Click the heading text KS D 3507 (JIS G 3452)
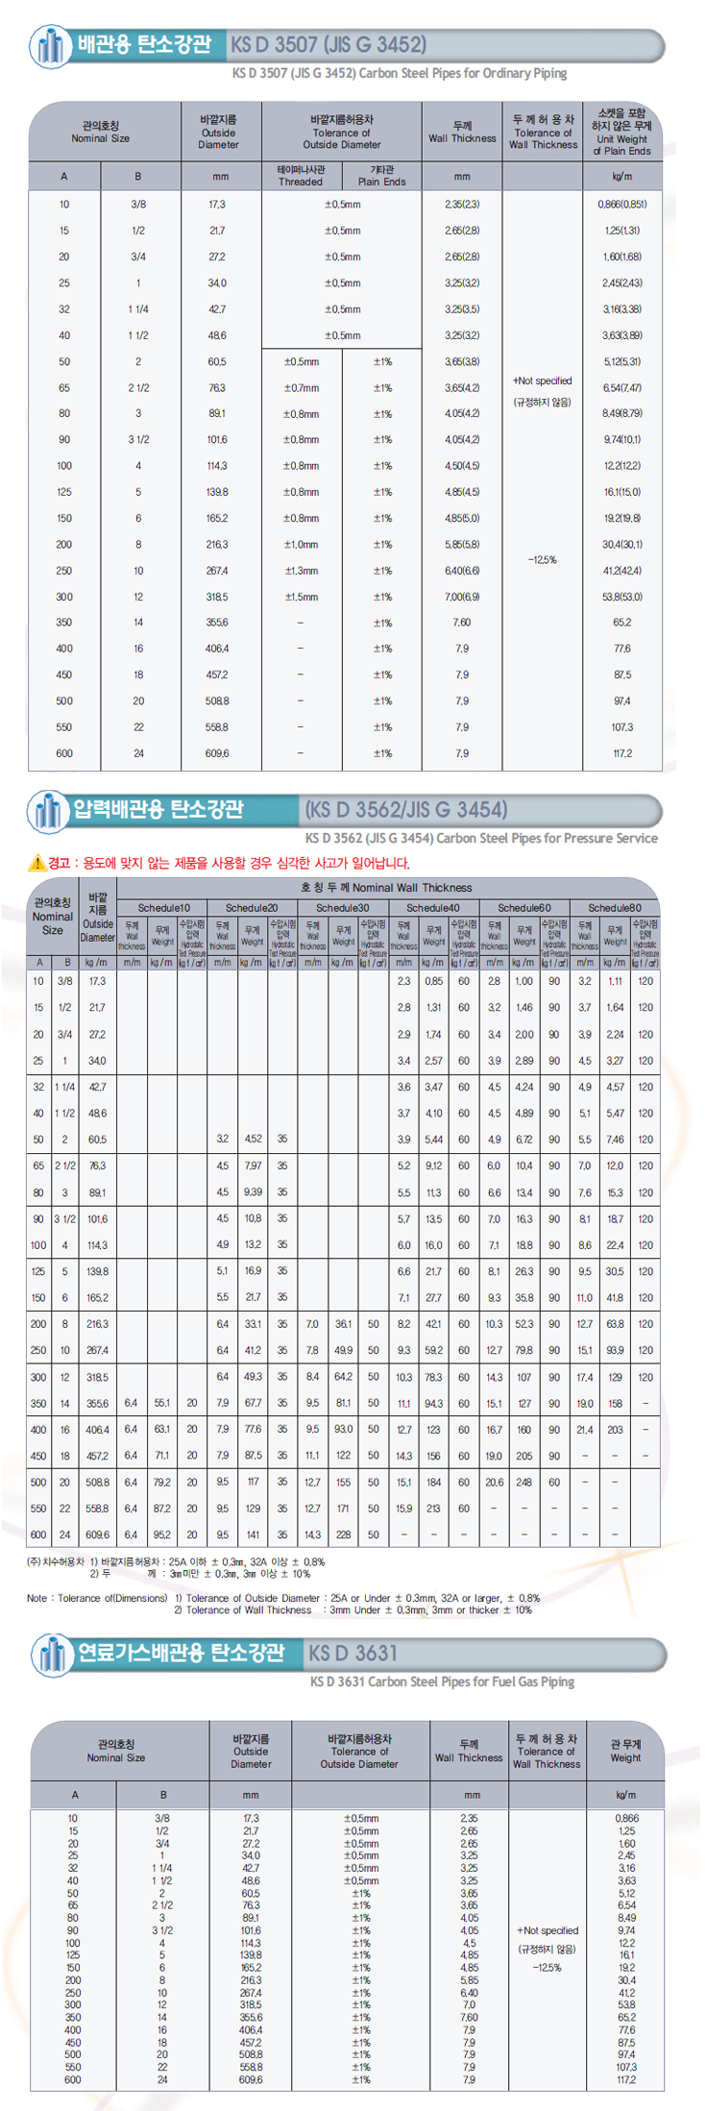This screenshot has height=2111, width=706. coord(328,45)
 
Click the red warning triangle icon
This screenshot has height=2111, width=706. coord(37,863)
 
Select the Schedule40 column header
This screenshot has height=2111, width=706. coord(432,907)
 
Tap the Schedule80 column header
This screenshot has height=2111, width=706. coord(615,907)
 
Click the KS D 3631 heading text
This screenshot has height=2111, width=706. coord(353,1653)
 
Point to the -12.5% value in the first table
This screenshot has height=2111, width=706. coord(543,559)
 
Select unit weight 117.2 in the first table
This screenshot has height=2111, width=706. coord(622,753)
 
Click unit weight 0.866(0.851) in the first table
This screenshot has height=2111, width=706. coord(622,205)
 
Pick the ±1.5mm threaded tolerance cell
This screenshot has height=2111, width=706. coord(301,597)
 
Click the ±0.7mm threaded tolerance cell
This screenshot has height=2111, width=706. coord(301,388)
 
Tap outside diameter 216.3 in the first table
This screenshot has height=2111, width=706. coord(218,545)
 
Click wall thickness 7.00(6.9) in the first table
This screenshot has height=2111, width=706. coord(462,597)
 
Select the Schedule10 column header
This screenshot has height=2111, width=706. coord(164,907)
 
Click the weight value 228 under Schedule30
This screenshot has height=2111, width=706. coord(343,1534)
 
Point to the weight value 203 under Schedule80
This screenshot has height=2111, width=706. coord(615,1430)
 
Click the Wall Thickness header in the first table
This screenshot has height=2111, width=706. coord(462,133)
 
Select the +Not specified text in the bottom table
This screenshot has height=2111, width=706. coord(548,1930)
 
